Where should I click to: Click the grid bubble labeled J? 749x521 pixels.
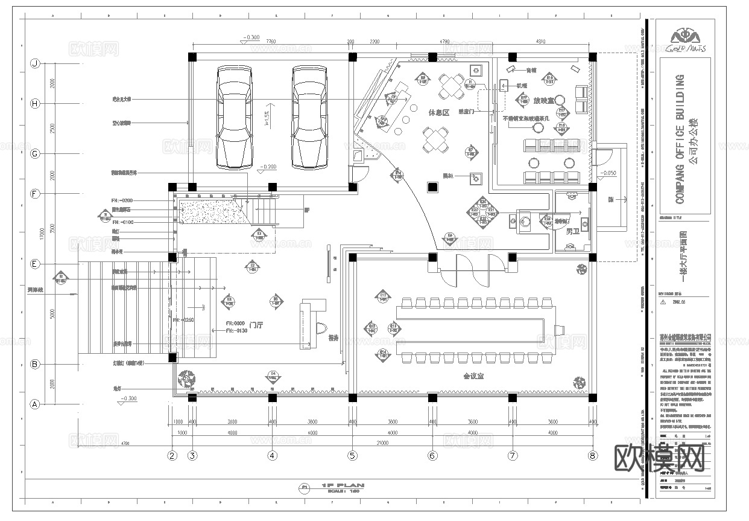[35, 63]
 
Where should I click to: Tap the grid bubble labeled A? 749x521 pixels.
[35, 404]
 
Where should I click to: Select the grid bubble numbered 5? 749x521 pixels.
[352, 456]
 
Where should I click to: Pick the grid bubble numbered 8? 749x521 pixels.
[593, 456]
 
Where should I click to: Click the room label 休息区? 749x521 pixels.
[439, 113]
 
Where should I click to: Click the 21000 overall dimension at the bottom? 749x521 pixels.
[392, 443]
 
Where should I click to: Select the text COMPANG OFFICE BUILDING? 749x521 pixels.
[680, 138]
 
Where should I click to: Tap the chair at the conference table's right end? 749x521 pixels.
[559, 330]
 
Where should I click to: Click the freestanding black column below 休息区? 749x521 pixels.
[432, 187]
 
